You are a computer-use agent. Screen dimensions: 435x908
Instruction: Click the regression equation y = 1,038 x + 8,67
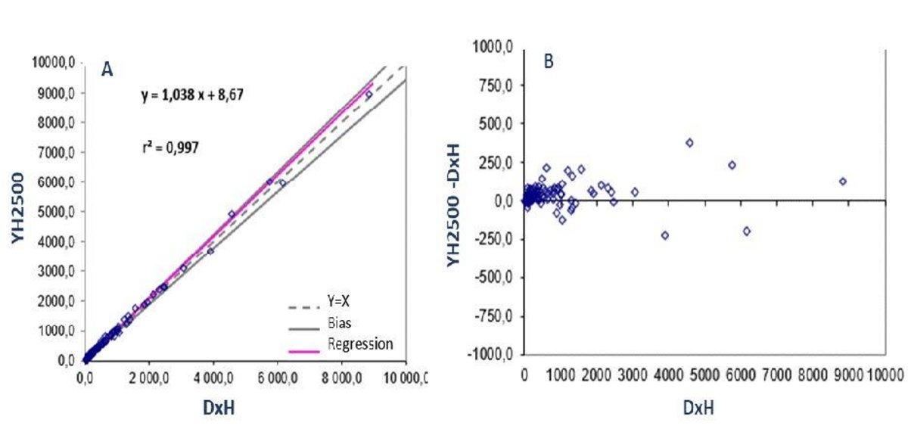188,96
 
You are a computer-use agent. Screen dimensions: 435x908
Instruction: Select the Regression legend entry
360,344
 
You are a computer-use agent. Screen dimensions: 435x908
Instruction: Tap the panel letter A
107,70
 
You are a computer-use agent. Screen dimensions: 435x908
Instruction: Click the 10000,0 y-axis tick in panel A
58,63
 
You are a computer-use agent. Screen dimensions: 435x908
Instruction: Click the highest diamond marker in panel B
689,142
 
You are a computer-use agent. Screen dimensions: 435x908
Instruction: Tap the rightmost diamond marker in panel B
842,182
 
